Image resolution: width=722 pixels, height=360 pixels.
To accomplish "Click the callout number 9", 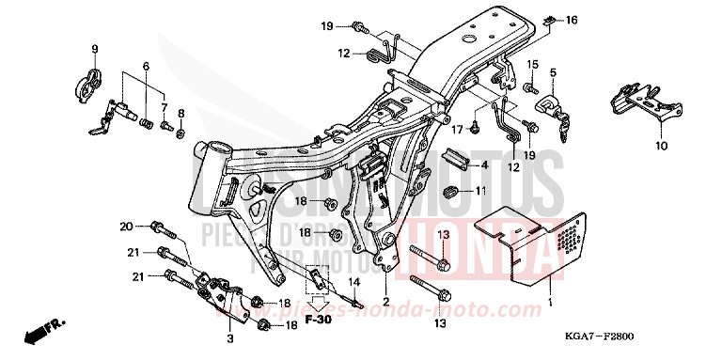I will [x=94, y=48].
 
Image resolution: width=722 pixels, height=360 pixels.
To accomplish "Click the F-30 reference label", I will [x=321, y=320].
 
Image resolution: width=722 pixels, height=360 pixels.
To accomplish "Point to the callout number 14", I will [x=355, y=281].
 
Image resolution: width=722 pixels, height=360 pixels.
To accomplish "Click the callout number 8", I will [x=181, y=113].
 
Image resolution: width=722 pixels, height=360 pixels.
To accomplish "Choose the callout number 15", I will [x=531, y=64].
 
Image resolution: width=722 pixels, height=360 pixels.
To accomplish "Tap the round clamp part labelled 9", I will [x=87, y=81].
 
